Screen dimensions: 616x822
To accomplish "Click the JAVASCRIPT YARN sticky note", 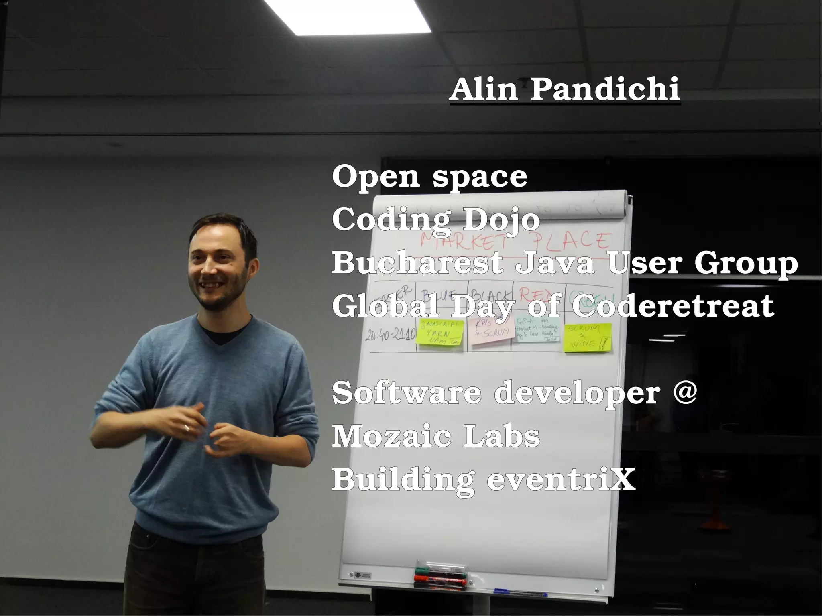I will pos(441,332).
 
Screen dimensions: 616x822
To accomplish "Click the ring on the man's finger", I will pos(187,428).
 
